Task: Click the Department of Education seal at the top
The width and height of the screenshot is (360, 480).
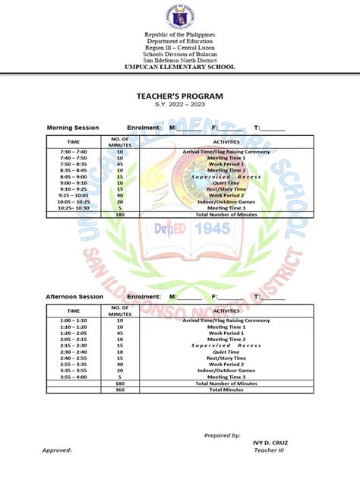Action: click(180, 15)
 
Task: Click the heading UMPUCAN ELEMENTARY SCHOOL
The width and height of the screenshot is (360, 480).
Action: click(180, 68)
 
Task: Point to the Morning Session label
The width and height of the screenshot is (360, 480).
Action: click(73, 128)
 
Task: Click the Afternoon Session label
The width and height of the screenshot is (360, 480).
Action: click(74, 296)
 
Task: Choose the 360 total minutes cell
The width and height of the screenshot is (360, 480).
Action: click(120, 390)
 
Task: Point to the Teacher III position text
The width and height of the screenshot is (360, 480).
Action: click(267, 450)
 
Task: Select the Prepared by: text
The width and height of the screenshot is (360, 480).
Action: click(223, 435)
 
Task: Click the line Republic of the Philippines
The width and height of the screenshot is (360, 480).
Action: click(180, 36)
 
